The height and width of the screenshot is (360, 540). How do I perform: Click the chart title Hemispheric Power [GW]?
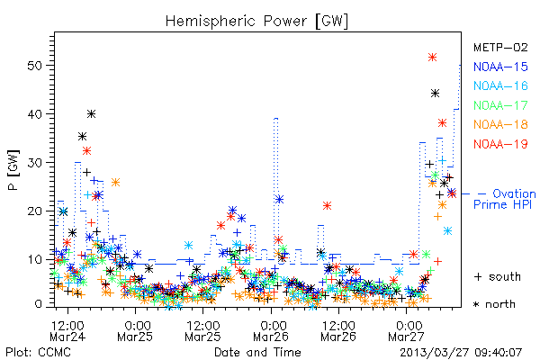tap(256, 22)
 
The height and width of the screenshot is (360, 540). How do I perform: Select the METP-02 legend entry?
tap(500, 47)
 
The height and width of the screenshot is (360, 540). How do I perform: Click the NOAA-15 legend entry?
tap(500, 67)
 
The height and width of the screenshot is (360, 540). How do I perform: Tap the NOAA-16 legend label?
tap(500, 85)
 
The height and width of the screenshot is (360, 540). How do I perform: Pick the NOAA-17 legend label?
tap(500, 105)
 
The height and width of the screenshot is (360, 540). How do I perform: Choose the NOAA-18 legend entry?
tap(500, 124)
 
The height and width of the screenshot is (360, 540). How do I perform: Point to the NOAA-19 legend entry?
tap(500, 144)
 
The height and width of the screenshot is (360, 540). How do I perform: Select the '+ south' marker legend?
tap(498, 276)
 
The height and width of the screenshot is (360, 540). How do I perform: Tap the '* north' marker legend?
tap(494, 304)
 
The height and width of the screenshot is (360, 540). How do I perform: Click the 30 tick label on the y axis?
tap(34, 163)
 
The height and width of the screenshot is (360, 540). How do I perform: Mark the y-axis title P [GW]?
tap(13, 170)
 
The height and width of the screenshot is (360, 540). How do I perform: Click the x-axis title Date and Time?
tap(257, 352)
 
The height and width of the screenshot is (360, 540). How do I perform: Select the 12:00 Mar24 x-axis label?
tap(67, 330)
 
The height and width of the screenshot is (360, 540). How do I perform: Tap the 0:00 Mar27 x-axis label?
tap(407, 330)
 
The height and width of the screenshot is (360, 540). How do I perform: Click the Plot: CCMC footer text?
tap(38, 352)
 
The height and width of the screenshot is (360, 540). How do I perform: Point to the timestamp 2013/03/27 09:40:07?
tap(461, 353)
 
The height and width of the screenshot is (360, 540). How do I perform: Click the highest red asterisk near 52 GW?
tap(433, 58)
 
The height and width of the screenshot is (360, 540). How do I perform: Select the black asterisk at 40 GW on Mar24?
tap(91, 113)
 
